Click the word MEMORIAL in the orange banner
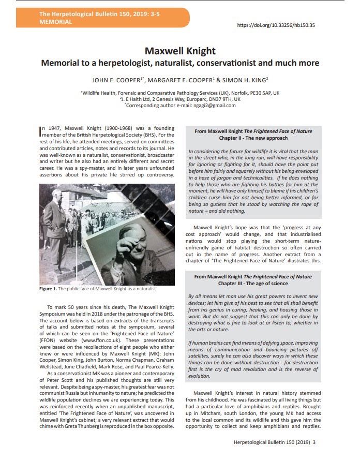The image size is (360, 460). pyautogui.click(x=55, y=22)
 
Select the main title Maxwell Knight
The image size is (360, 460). pyautogui.click(x=180, y=51)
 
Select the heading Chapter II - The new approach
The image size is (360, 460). pyautogui.click(x=253, y=139)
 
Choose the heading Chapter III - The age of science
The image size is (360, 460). pyautogui.click(x=253, y=284)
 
